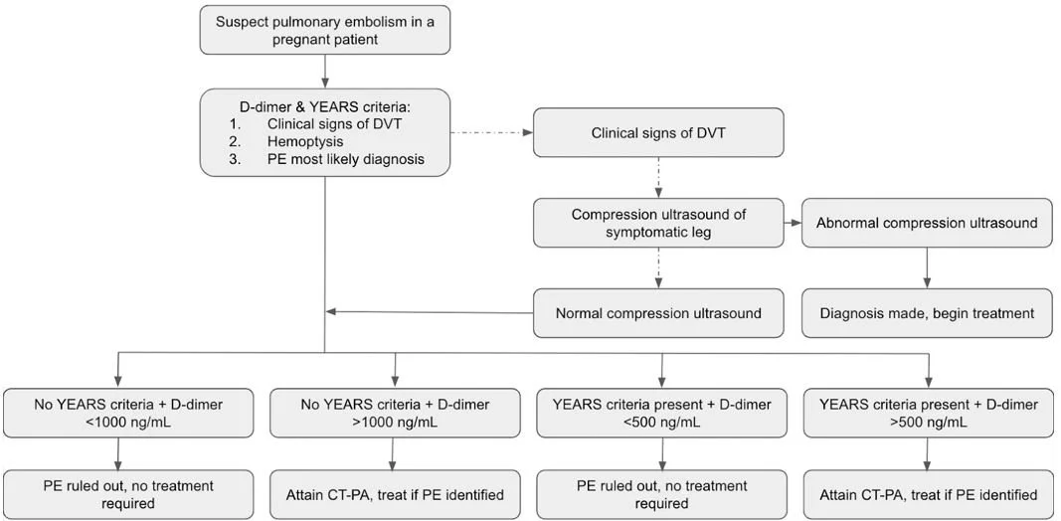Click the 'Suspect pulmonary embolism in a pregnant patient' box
pos(325,31)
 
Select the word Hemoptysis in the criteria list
pos(304,142)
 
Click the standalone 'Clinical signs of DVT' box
pos(657,132)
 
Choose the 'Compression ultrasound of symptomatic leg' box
pos(657,223)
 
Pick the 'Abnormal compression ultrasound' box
pos(927,223)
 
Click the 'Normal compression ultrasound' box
pos(657,313)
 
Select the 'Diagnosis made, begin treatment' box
pos(927,313)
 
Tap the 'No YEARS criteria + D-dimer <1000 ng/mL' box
pos(119,412)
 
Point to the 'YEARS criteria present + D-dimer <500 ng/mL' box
pos(661,412)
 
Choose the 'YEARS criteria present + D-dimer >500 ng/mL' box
pos(929,412)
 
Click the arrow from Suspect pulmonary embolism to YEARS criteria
pos(325,71)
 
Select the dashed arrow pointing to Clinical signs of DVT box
pos(492,132)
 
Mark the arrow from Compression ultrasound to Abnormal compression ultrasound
pos(792,223)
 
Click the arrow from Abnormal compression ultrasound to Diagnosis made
pos(927,267)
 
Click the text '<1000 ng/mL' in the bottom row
pos(119,421)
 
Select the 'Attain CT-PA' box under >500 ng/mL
pos(929,494)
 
